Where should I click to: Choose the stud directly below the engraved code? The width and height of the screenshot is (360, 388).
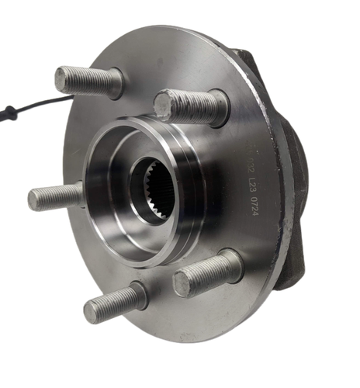(206, 273)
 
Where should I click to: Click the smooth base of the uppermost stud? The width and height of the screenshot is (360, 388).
(112, 83)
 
